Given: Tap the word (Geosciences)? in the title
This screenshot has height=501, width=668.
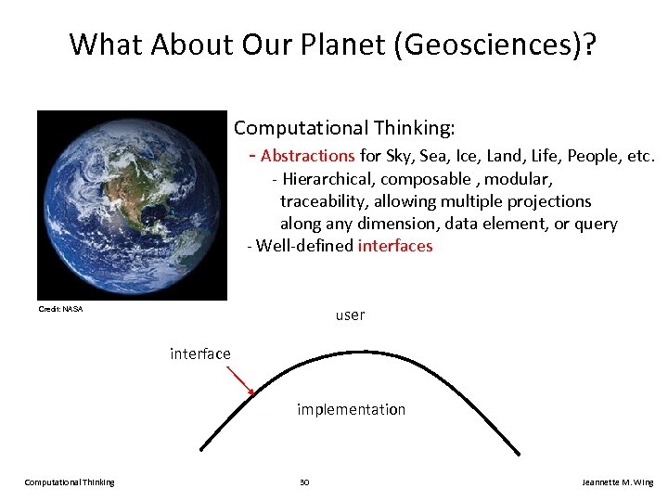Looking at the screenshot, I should click(x=497, y=45).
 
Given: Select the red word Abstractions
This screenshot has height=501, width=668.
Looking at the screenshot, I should click(x=308, y=156).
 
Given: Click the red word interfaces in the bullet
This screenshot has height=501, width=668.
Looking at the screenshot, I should click(x=395, y=246).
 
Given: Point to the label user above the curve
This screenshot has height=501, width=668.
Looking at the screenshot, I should click(x=350, y=315).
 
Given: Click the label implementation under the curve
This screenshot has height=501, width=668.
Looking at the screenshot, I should click(x=351, y=409).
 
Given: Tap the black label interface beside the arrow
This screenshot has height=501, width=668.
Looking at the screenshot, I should click(x=200, y=353).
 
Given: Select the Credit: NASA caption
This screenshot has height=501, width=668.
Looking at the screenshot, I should click(x=60, y=309).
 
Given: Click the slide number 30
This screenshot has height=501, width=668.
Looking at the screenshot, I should click(x=304, y=482).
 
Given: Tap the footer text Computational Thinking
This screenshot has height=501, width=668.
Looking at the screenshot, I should click(x=70, y=482).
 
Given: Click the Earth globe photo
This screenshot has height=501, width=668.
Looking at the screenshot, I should click(x=132, y=205).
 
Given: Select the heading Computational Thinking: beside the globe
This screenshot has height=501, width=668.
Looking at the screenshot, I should click(x=344, y=127).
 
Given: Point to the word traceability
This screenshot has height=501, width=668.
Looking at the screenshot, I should click(x=325, y=201).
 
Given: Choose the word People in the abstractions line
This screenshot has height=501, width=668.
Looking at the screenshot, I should click(x=592, y=156).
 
